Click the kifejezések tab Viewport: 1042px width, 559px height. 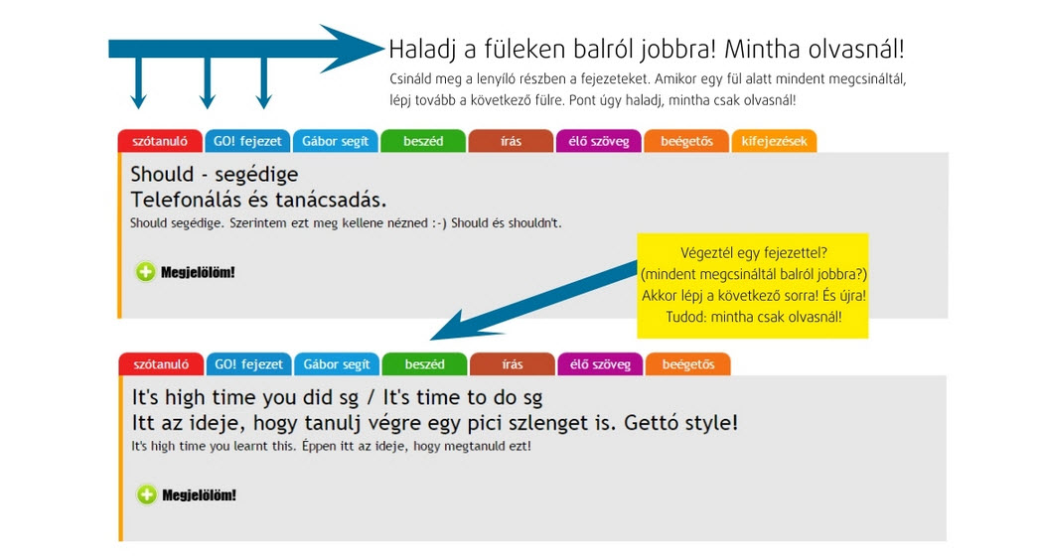click(774, 141)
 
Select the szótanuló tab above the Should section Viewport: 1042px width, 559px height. click(160, 141)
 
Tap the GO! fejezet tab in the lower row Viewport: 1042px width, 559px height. click(249, 364)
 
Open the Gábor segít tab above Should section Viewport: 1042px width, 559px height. click(336, 141)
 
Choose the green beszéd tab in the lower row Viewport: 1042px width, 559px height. click(424, 364)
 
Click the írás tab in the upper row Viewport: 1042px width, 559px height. click(511, 141)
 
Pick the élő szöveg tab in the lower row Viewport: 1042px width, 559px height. click(600, 364)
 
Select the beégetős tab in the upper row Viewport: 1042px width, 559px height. click(686, 141)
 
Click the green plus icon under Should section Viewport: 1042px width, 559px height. click(146, 271)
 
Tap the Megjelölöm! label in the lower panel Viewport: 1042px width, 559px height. click(200, 495)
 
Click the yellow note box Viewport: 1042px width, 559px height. click(752, 286)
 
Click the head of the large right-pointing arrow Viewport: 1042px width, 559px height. click(353, 49)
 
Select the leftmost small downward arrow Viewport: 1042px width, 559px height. click(138, 82)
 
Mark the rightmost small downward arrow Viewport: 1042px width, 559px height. click(264, 82)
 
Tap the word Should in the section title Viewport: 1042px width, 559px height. click(162, 174)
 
